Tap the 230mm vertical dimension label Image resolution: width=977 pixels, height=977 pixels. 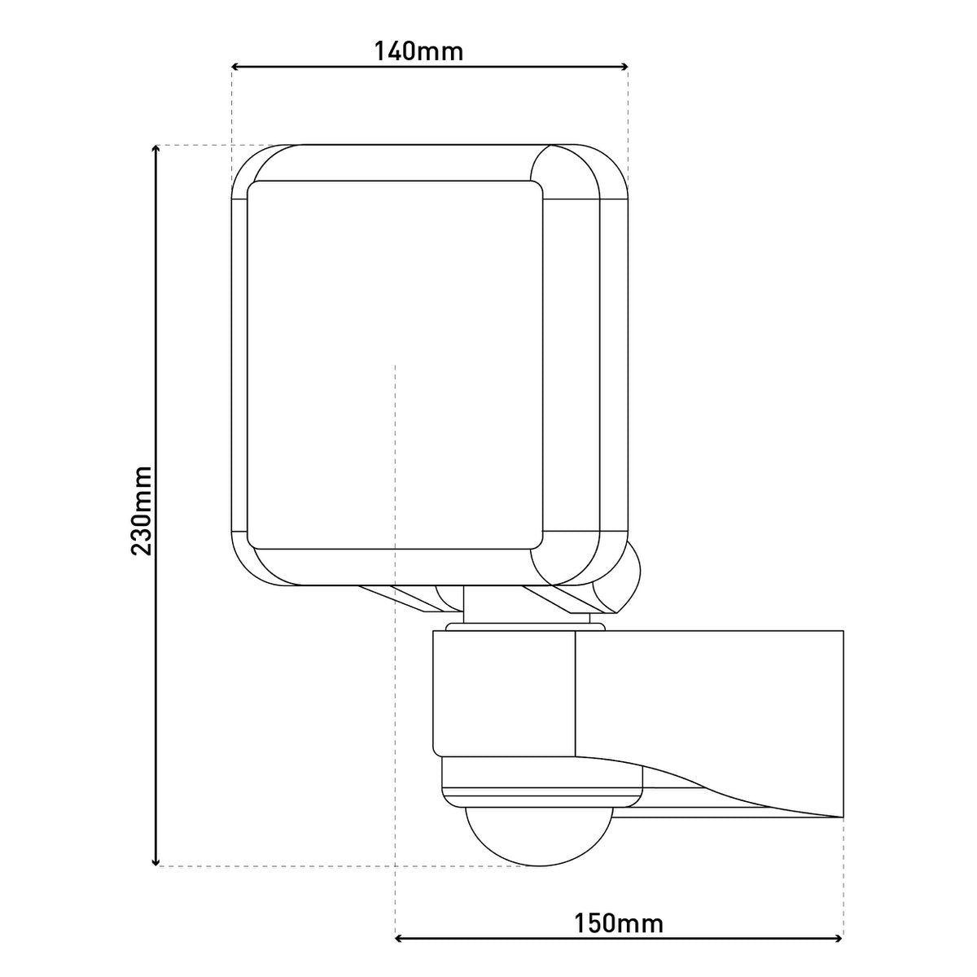(x=142, y=510)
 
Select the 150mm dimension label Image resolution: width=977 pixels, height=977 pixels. (x=619, y=923)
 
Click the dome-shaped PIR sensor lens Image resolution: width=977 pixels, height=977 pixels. (x=538, y=835)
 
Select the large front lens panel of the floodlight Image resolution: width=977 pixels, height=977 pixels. (x=395, y=364)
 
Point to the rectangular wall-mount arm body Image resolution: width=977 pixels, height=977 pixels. (x=708, y=692)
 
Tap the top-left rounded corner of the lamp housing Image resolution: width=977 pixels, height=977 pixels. (x=252, y=167)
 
